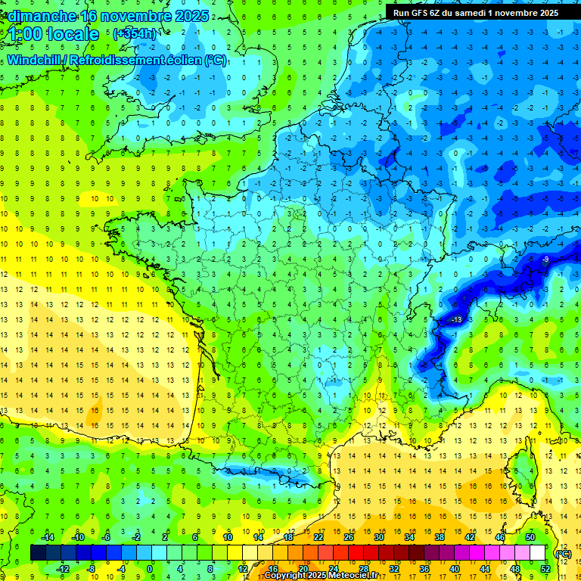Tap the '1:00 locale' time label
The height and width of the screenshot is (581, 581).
[54, 34]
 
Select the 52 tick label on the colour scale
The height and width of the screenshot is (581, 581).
[545, 569]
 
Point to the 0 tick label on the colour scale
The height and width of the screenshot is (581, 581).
[150, 569]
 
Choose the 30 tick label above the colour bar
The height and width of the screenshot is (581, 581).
[378, 537]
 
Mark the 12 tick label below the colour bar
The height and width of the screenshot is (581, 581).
[244, 569]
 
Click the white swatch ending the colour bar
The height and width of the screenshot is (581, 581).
[537, 553]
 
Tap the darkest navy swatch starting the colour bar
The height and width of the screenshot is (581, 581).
[38, 553]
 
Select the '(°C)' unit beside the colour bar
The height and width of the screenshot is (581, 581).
[564, 553]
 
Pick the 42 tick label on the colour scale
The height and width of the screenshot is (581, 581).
[470, 537]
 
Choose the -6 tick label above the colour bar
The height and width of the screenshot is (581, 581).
[106, 537]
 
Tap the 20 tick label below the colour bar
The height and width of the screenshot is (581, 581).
[303, 569]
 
